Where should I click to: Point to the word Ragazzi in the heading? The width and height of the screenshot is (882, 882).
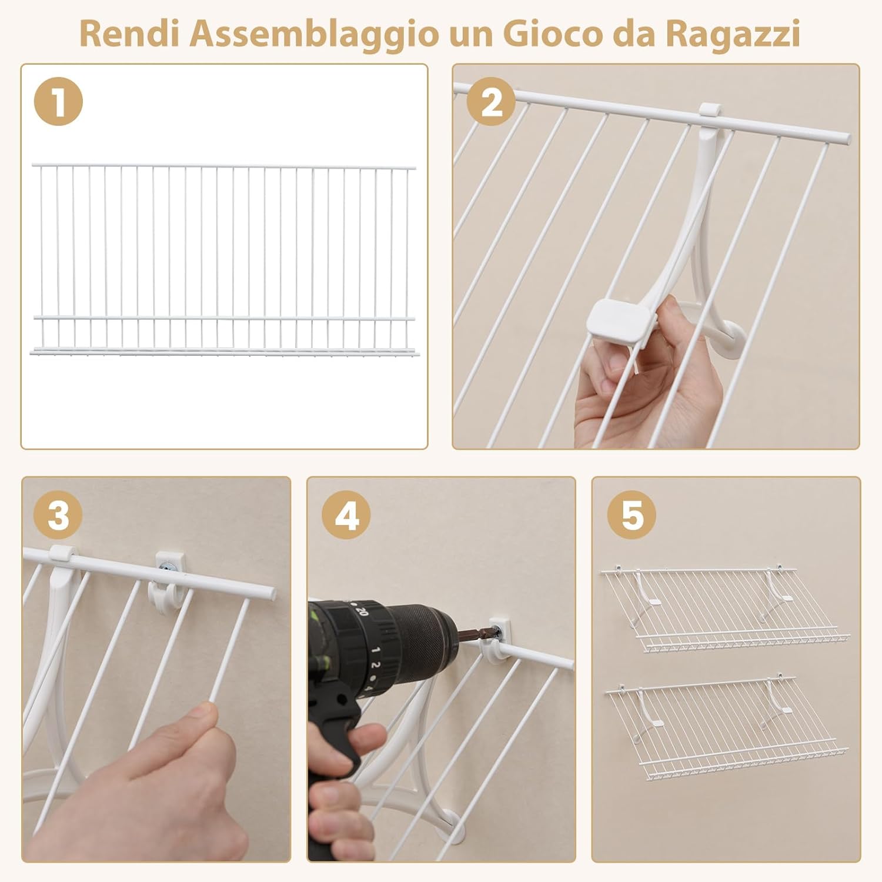point(732,34)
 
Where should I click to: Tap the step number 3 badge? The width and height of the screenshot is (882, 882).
point(58,516)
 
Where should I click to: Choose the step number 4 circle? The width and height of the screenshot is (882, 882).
point(346,516)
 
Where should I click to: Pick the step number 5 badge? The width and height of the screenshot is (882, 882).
point(632,516)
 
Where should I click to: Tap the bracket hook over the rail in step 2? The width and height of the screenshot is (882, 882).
point(710,111)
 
